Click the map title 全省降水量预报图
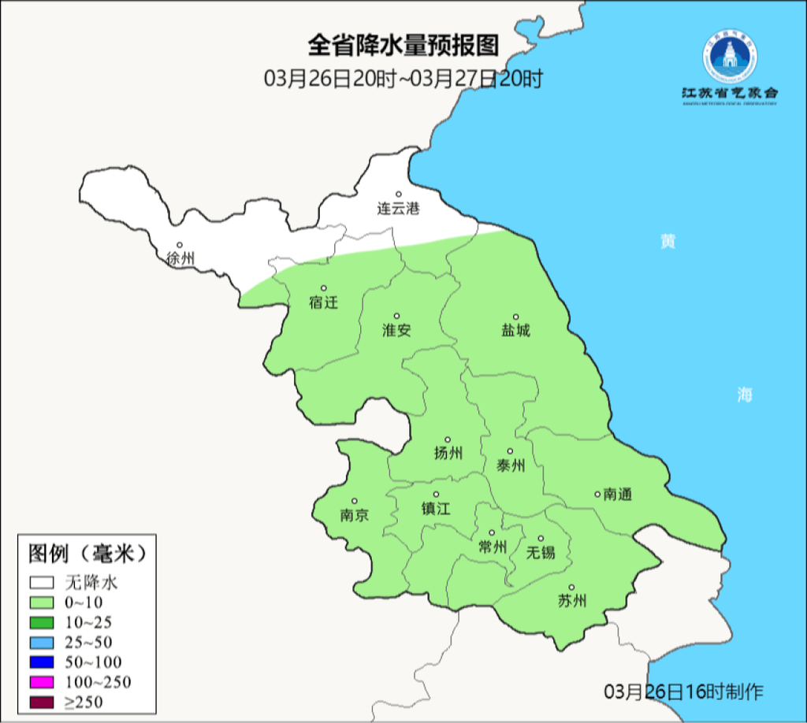403,46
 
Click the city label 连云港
398,209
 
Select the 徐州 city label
180,258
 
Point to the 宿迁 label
323,302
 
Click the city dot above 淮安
396,316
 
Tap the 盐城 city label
516,330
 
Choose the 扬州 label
448,453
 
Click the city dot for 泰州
510,451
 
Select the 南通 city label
618,495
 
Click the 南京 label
354,515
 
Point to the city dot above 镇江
435,495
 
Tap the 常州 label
493,547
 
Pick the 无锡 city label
541,552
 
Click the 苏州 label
572,601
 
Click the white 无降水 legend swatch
42,584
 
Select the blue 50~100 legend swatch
42,662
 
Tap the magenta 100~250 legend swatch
42,682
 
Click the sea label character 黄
668,242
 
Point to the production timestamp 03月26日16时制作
683,692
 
